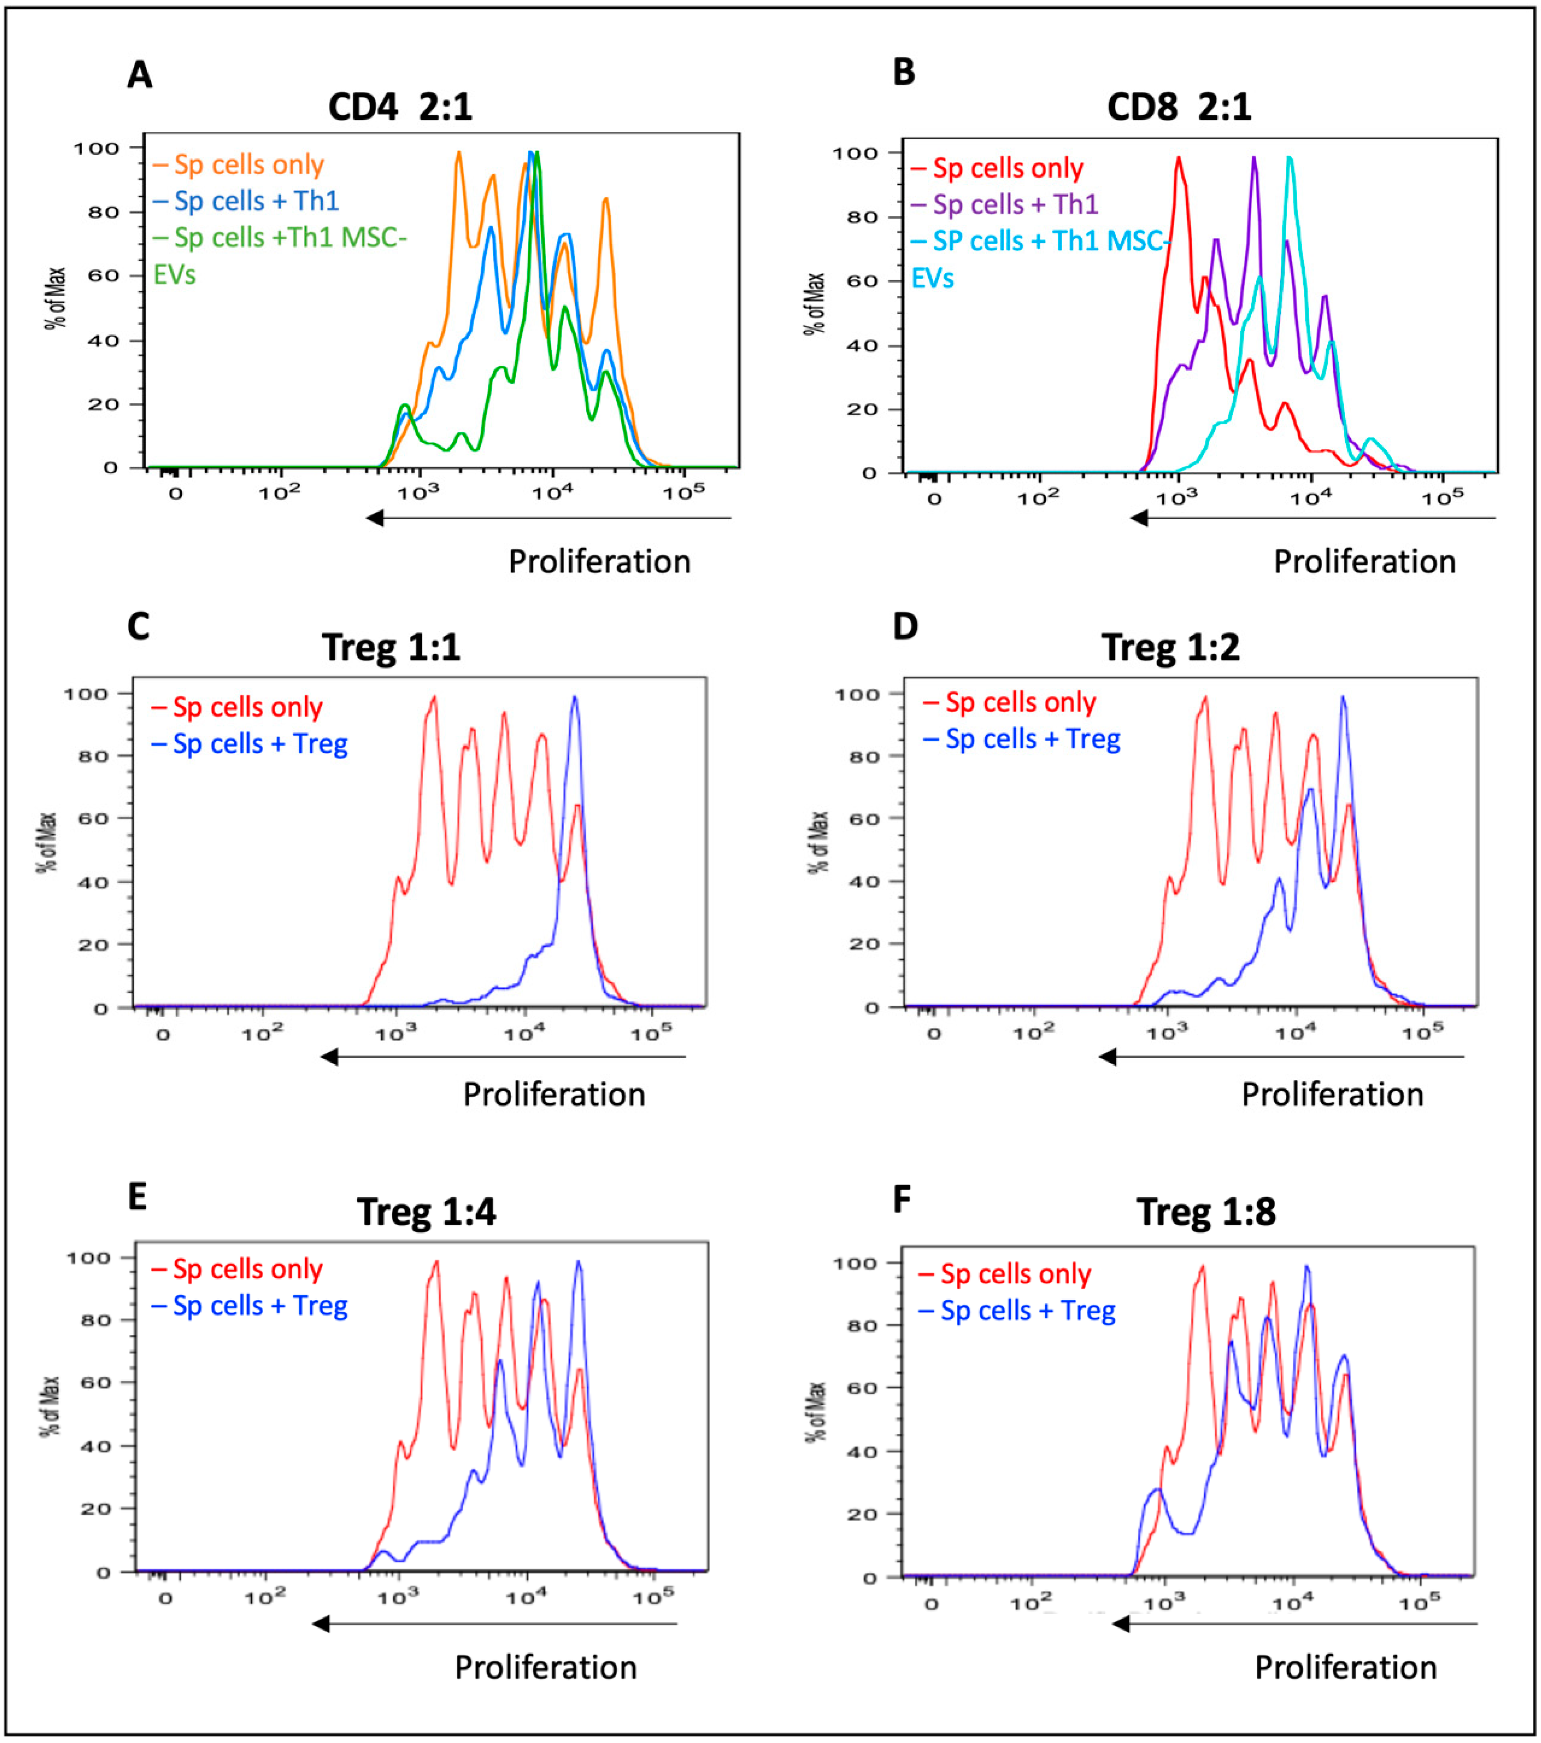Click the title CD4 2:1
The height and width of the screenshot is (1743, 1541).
point(400,107)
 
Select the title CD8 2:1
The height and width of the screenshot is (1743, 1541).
point(1178,107)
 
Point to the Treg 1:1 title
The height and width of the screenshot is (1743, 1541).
point(391,647)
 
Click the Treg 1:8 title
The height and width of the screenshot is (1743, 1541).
point(1206,1212)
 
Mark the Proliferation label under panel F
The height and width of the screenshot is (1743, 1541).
point(1346,1667)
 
